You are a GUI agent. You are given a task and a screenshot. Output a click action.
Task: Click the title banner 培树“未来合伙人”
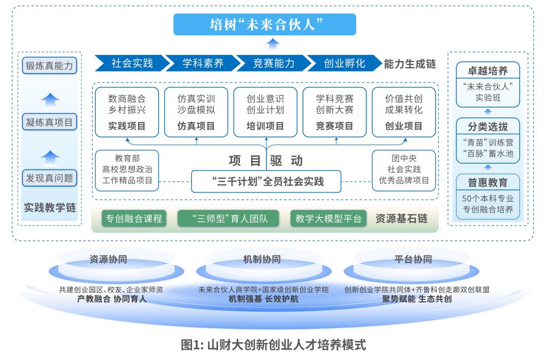(x=272, y=25)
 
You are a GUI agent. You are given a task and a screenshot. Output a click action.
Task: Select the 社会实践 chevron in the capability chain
(x=131, y=63)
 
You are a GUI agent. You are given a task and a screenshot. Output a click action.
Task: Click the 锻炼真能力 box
(x=50, y=66)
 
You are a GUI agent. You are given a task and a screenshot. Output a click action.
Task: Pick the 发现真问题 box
(x=50, y=178)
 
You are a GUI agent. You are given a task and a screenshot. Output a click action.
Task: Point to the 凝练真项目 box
(x=50, y=122)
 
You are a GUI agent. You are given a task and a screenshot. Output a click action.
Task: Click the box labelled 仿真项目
(x=196, y=112)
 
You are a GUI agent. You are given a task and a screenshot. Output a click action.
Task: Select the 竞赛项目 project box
(x=334, y=112)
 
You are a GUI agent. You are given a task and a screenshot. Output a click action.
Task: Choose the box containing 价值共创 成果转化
(x=404, y=112)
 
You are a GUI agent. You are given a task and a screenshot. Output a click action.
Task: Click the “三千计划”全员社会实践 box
(x=267, y=181)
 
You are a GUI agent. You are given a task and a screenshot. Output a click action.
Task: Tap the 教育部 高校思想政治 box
(x=127, y=170)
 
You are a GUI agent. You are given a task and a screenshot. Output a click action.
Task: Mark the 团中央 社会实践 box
(x=404, y=170)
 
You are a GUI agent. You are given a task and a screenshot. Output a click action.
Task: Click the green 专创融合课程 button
(x=133, y=219)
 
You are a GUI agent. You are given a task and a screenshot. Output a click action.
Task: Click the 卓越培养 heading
(x=488, y=70)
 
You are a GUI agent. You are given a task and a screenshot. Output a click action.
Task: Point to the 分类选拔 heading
(x=488, y=126)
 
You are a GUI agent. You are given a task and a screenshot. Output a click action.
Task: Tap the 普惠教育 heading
(x=488, y=182)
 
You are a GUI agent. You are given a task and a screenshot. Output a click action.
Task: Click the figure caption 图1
(x=273, y=344)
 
